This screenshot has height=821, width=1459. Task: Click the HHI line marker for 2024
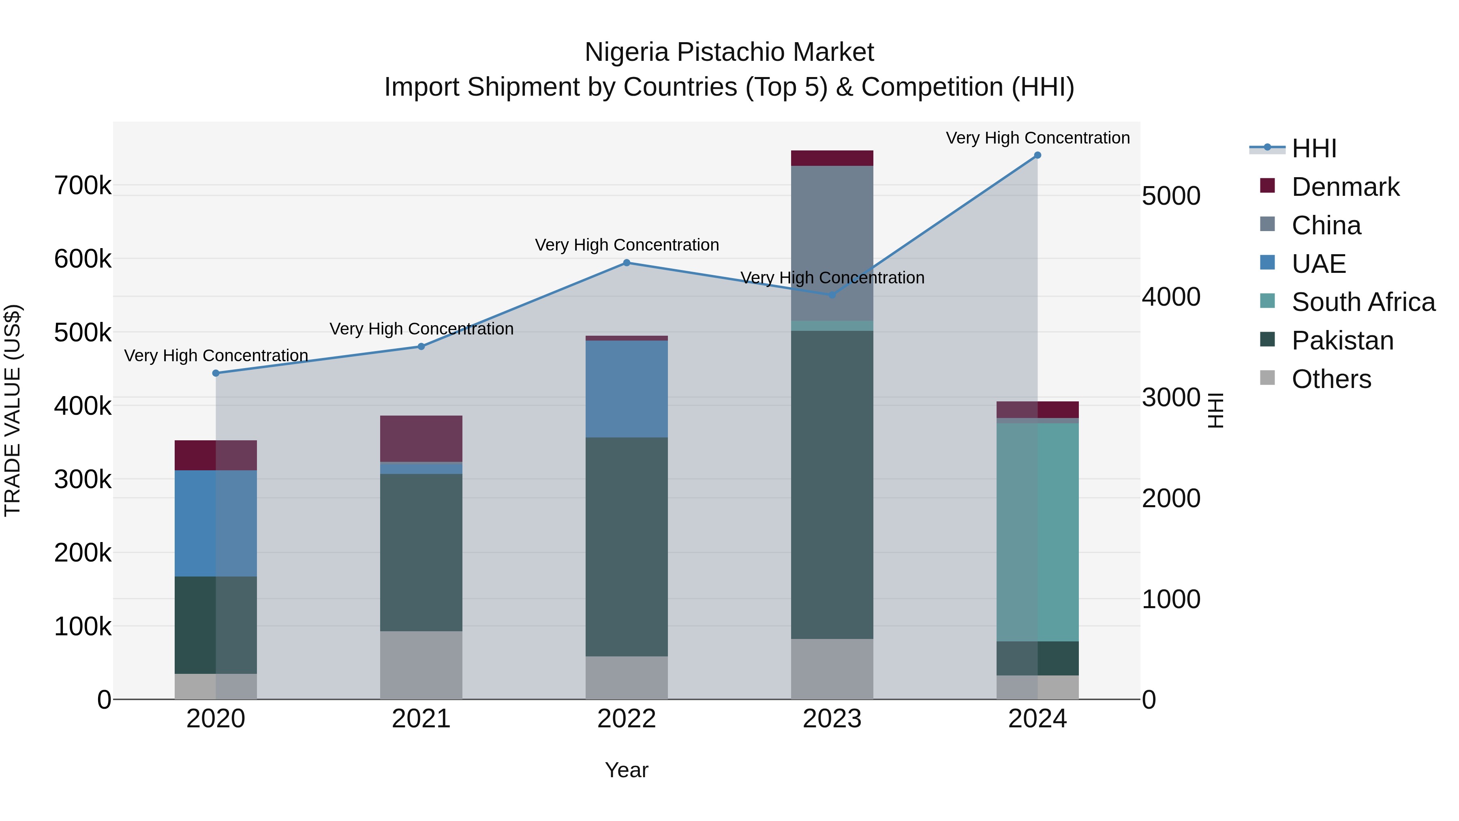tap(1037, 155)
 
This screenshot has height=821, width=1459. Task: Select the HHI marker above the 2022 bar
tap(627, 263)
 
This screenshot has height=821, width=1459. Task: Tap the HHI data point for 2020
tap(216, 373)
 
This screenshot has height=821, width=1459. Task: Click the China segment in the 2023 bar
tap(832, 244)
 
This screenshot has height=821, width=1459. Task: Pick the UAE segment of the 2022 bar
tap(627, 389)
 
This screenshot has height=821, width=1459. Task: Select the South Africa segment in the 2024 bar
tap(1037, 533)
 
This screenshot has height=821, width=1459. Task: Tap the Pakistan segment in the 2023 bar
tap(832, 484)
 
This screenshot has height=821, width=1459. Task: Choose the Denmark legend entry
tap(1345, 187)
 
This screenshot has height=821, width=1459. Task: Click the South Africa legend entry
tap(1363, 302)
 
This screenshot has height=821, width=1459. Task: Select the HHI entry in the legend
tap(1314, 148)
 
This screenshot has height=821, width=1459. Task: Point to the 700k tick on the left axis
tap(83, 186)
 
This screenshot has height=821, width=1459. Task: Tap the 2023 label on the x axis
tap(832, 719)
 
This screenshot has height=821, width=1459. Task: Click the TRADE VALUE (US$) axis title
tap(13, 410)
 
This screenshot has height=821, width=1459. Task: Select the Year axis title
tap(627, 770)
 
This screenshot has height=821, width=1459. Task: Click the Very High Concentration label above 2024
tap(1037, 138)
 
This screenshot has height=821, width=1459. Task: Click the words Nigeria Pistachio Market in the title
tap(729, 52)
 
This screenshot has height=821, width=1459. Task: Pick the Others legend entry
tap(1331, 379)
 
